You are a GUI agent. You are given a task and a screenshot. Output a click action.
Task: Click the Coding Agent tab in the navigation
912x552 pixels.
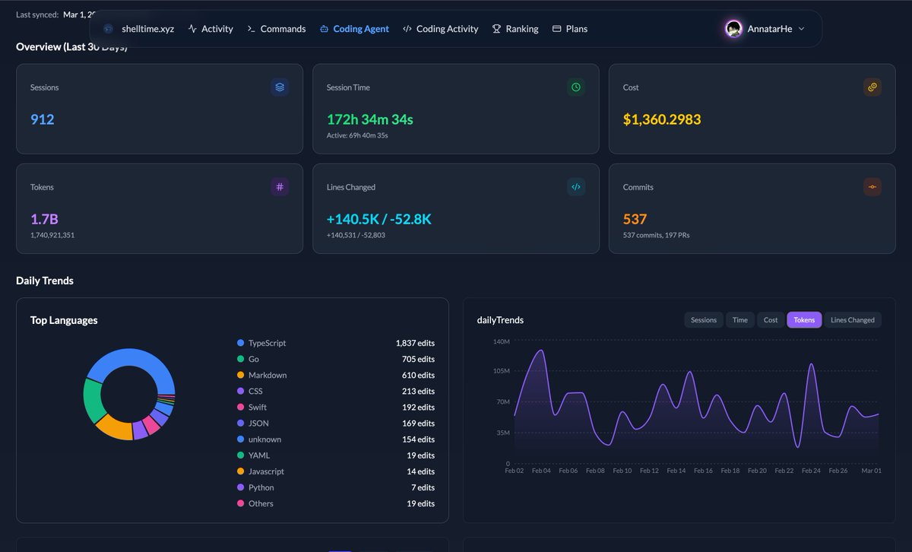[x=354, y=29]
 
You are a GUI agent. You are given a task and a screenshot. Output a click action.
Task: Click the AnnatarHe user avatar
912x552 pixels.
[x=733, y=29]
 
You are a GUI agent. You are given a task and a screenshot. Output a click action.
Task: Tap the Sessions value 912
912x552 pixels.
[x=43, y=119]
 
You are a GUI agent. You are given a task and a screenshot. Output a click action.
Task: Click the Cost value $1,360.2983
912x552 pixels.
[x=662, y=119]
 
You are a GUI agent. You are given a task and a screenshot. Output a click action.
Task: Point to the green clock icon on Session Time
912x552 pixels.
[x=576, y=87]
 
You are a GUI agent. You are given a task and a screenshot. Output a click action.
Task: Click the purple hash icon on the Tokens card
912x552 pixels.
[x=280, y=187]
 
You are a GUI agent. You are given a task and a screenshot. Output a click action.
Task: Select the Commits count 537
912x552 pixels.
[x=635, y=219]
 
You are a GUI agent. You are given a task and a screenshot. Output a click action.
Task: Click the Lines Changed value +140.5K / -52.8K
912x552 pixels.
[x=379, y=219]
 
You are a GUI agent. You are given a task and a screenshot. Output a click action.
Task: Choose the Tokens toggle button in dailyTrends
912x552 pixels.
[x=804, y=320]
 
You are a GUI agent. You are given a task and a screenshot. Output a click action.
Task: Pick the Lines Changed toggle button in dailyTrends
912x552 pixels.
[x=852, y=320]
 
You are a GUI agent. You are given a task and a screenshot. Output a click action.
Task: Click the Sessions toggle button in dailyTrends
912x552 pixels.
[x=703, y=320]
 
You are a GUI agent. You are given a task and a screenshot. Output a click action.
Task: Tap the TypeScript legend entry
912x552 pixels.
[x=267, y=343]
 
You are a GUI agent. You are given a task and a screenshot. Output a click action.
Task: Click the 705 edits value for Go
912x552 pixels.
[x=418, y=359]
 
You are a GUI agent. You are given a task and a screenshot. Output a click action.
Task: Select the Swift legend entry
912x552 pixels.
[x=257, y=407]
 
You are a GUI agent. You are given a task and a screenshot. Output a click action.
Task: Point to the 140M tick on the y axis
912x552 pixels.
[x=501, y=341]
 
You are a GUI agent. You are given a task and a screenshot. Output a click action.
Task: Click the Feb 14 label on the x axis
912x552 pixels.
[x=676, y=471]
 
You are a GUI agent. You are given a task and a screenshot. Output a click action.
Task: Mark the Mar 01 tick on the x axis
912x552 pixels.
[x=871, y=471]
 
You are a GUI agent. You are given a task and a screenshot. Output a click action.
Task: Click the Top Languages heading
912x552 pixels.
[x=64, y=320]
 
